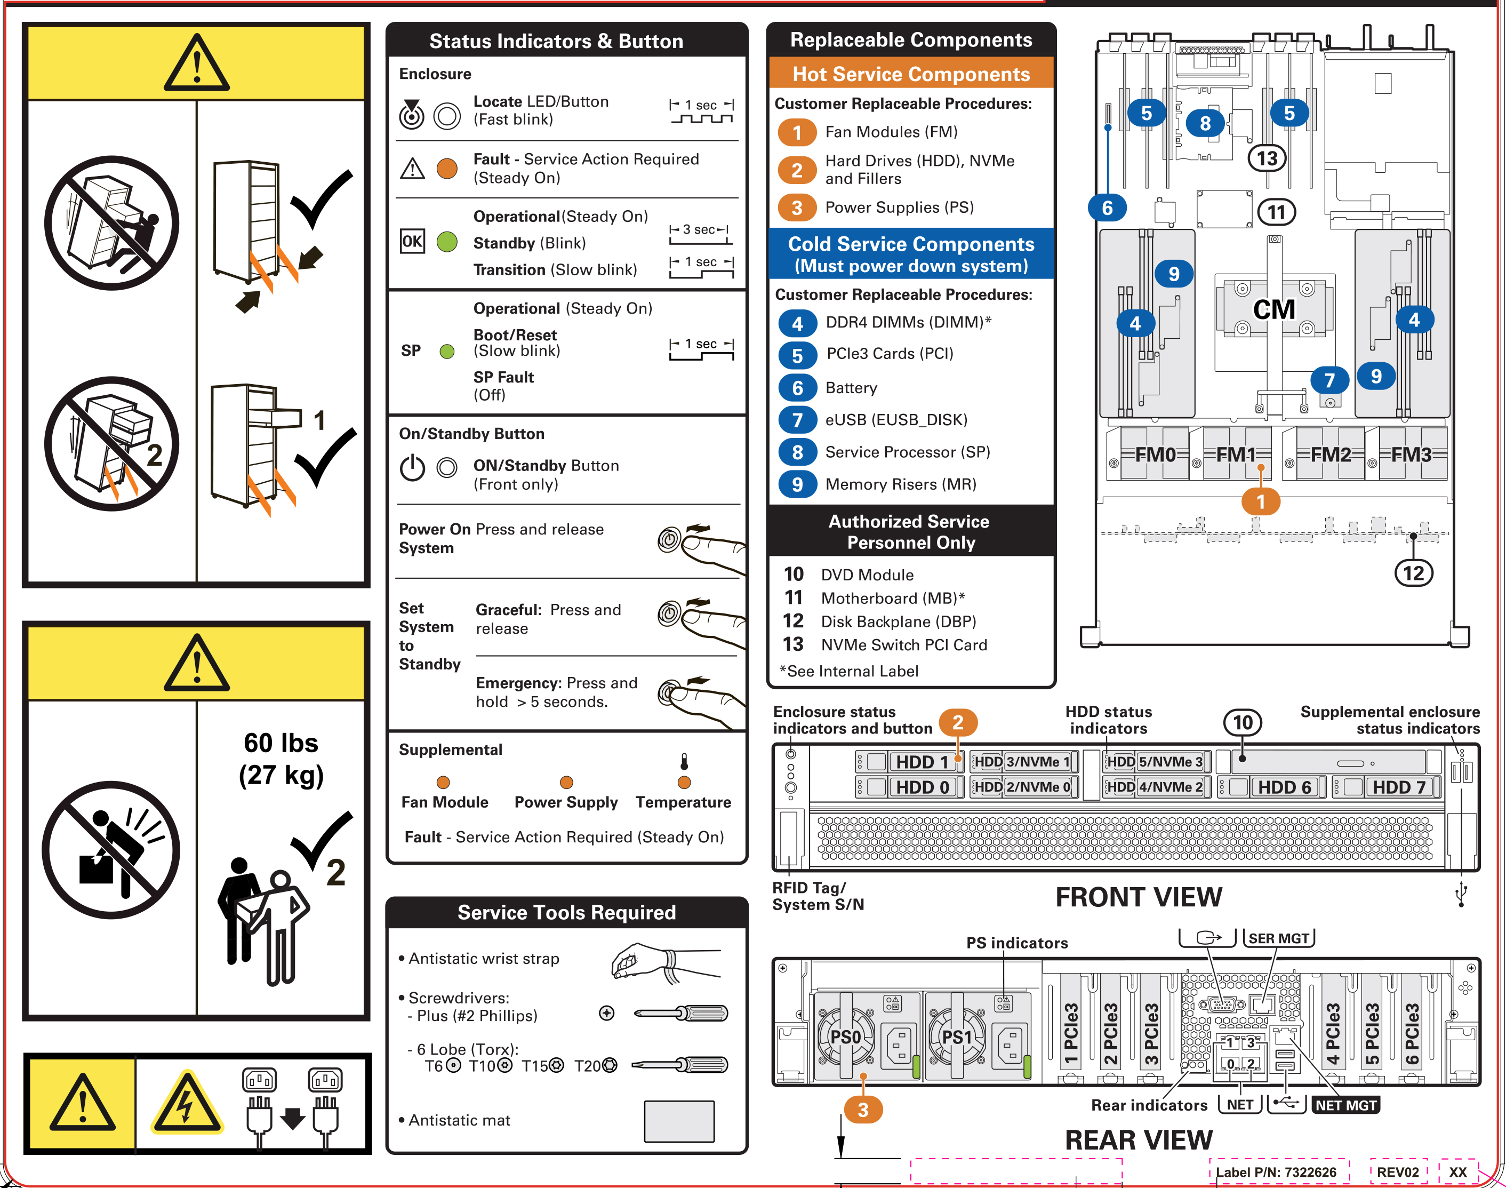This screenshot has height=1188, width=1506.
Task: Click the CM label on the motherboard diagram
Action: (1274, 309)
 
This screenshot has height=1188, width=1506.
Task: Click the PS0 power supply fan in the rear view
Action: (845, 1037)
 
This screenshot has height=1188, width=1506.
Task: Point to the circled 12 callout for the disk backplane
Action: (1414, 573)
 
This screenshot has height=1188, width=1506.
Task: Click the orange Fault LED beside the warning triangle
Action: (447, 169)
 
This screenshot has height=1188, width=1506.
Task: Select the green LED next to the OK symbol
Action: (447, 242)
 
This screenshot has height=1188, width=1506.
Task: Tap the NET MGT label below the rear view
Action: (1345, 1105)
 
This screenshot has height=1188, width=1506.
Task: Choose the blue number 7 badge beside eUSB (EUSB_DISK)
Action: (797, 420)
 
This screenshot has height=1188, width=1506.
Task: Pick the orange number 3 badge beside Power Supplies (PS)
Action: (797, 208)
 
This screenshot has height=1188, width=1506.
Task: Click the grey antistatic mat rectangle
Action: (678, 1121)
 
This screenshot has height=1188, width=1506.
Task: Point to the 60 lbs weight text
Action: (281, 744)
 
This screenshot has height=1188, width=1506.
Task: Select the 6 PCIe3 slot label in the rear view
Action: (1412, 1035)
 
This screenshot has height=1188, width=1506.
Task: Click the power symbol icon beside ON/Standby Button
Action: (412, 467)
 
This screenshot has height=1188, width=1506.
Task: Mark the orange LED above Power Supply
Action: (567, 783)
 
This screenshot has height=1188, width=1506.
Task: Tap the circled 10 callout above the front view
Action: (1243, 723)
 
